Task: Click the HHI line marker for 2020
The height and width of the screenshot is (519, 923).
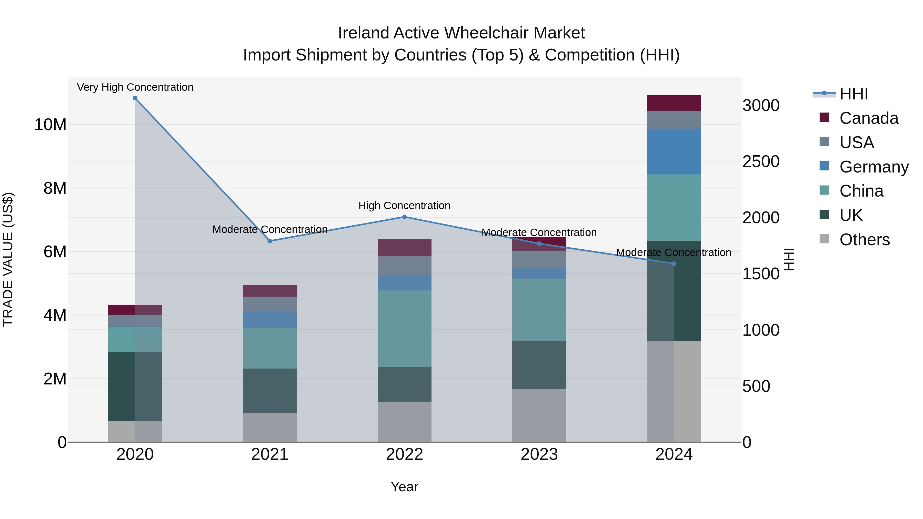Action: click(135, 98)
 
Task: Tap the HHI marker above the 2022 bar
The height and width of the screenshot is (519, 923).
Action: click(405, 217)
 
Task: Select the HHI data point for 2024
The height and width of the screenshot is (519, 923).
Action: click(674, 264)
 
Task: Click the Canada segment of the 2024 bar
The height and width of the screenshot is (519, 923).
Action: click(674, 103)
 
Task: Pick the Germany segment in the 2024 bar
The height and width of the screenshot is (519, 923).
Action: click(674, 151)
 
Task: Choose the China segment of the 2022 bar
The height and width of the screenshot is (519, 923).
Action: click(405, 329)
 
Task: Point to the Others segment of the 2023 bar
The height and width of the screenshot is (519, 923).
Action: click(539, 415)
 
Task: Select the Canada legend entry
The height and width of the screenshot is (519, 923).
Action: click(869, 118)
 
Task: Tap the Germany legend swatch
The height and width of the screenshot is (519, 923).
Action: click(824, 166)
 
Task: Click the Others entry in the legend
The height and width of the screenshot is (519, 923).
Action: click(864, 240)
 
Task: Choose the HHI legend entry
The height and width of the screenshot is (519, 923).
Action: click(854, 94)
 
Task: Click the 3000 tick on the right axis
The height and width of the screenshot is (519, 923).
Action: click(761, 106)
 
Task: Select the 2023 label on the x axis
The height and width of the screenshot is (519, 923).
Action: click(539, 454)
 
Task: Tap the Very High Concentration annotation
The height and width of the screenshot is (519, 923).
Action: click(135, 87)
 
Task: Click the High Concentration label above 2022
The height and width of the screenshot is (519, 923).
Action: click(405, 206)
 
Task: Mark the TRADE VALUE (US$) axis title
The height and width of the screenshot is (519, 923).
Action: click(8, 259)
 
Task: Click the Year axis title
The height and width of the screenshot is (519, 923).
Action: click(405, 487)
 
